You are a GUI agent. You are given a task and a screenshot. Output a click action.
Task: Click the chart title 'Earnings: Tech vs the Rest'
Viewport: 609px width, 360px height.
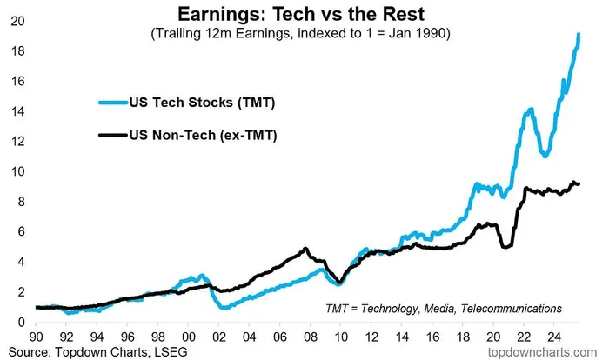click(x=304, y=15)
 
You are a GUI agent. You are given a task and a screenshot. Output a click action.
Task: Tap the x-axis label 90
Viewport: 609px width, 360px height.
click(x=36, y=334)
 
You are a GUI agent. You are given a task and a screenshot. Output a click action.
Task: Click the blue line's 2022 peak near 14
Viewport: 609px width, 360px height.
click(x=529, y=110)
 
